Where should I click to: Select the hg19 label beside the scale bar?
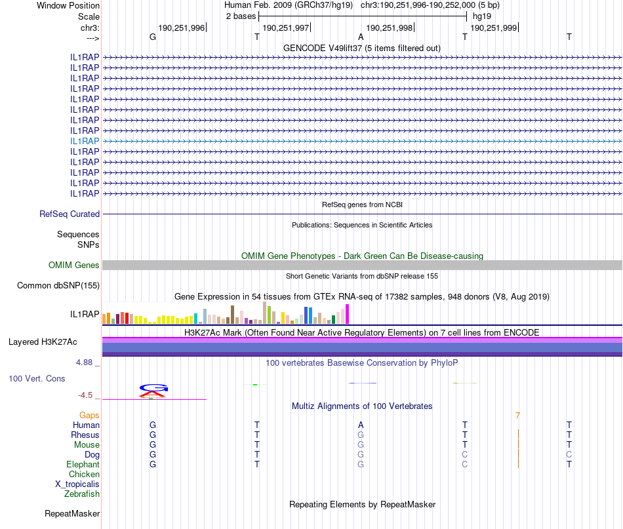point(482,16)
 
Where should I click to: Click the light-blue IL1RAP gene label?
point(85,141)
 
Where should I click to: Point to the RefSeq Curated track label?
point(70,214)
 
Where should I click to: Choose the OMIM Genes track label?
point(74,265)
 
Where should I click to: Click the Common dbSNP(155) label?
point(58,285)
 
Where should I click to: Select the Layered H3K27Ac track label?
point(43,342)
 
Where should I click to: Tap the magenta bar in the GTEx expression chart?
point(348,314)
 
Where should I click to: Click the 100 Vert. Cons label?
point(37,378)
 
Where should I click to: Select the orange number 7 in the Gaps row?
point(517,415)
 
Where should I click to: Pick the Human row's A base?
point(361,425)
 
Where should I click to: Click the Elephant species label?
point(83,464)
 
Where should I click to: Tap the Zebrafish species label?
point(82,494)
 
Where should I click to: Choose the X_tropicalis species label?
point(77,484)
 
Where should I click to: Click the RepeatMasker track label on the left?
point(72,513)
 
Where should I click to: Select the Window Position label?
point(68,5)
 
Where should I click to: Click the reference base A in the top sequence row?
point(361,37)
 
